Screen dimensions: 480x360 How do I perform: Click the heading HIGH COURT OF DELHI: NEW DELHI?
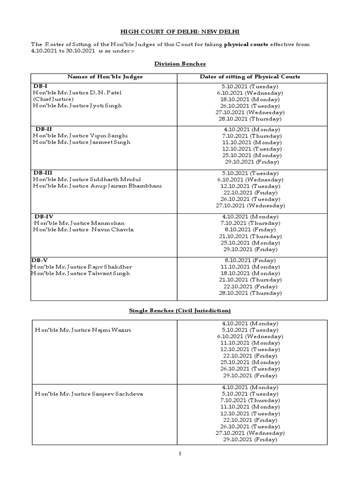pos(180,31)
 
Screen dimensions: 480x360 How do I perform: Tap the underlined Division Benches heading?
pos(180,63)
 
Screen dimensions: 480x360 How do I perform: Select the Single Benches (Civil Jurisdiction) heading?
pos(180,310)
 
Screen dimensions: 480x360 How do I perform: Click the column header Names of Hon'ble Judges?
pos(105,76)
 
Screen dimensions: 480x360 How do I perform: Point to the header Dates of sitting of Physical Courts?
pos(250,76)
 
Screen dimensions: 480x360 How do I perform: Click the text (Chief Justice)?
pos(53,99)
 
